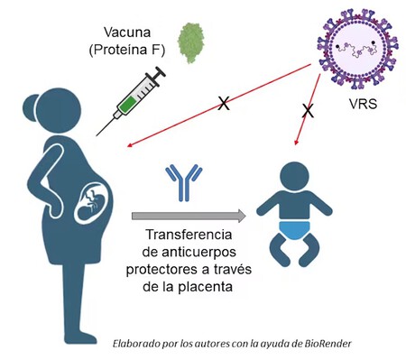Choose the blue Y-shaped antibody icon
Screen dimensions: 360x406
181,182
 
